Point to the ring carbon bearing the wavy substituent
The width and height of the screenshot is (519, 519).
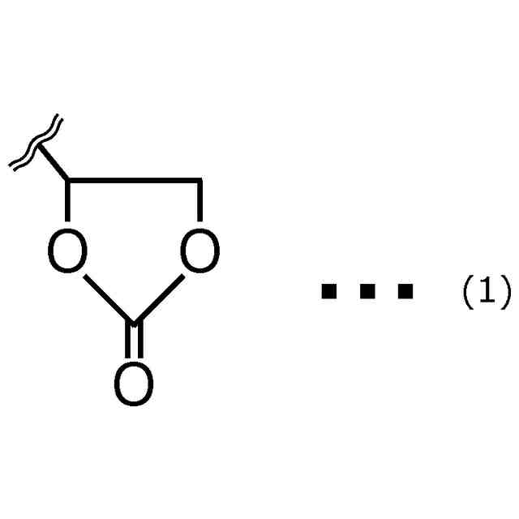point(68,179)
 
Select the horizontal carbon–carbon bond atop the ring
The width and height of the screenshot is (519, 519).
point(134,179)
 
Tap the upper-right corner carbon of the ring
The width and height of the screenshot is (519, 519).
point(199,179)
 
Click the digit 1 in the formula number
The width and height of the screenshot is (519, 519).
point(486,291)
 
